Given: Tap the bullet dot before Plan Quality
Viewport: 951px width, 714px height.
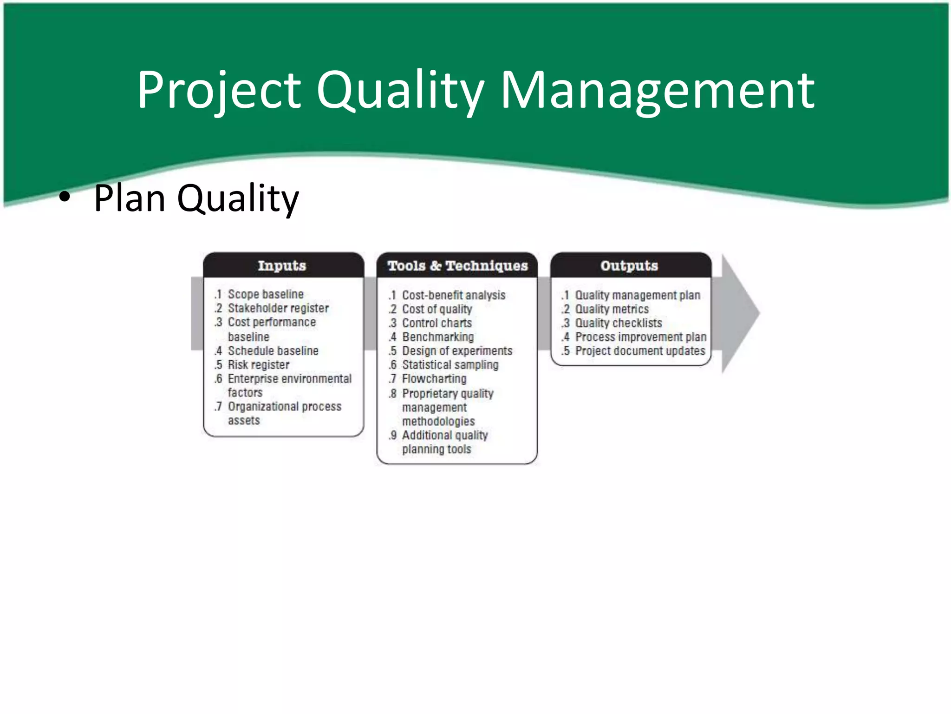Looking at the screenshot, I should (x=65, y=198).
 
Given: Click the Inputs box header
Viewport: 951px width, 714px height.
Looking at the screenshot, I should (x=282, y=265).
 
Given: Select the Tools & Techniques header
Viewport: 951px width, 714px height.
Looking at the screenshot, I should (x=457, y=265).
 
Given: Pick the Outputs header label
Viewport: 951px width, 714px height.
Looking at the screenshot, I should (x=629, y=265).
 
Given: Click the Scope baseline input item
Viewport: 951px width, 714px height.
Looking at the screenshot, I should (x=265, y=294).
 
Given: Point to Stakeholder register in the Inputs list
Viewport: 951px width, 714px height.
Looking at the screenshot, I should (x=278, y=308).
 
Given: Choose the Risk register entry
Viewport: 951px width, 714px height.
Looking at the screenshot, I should (x=258, y=365).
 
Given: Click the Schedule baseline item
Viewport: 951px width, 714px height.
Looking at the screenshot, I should (x=273, y=351).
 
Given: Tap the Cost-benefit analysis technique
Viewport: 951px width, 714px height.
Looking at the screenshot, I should (x=453, y=295).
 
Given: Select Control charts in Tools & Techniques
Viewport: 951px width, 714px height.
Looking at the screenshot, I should (x=436, y=323).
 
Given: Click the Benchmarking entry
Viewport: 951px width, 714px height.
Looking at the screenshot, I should (x=437, y=337).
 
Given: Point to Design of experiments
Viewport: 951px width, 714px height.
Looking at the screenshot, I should (x=457, y=351).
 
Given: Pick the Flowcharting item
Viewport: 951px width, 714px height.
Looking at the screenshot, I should (x=434, y=379).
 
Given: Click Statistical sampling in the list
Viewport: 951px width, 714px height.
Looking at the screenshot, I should (x=450, y=365).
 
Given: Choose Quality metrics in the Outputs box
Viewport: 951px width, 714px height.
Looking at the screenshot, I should (x=612, y=309).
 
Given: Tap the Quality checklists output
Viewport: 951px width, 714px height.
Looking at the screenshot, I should (x=618, y=323).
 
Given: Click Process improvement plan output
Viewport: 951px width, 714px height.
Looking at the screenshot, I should (x=640, y=337).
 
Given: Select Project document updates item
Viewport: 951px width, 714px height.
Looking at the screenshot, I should (x=640, y=351).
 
